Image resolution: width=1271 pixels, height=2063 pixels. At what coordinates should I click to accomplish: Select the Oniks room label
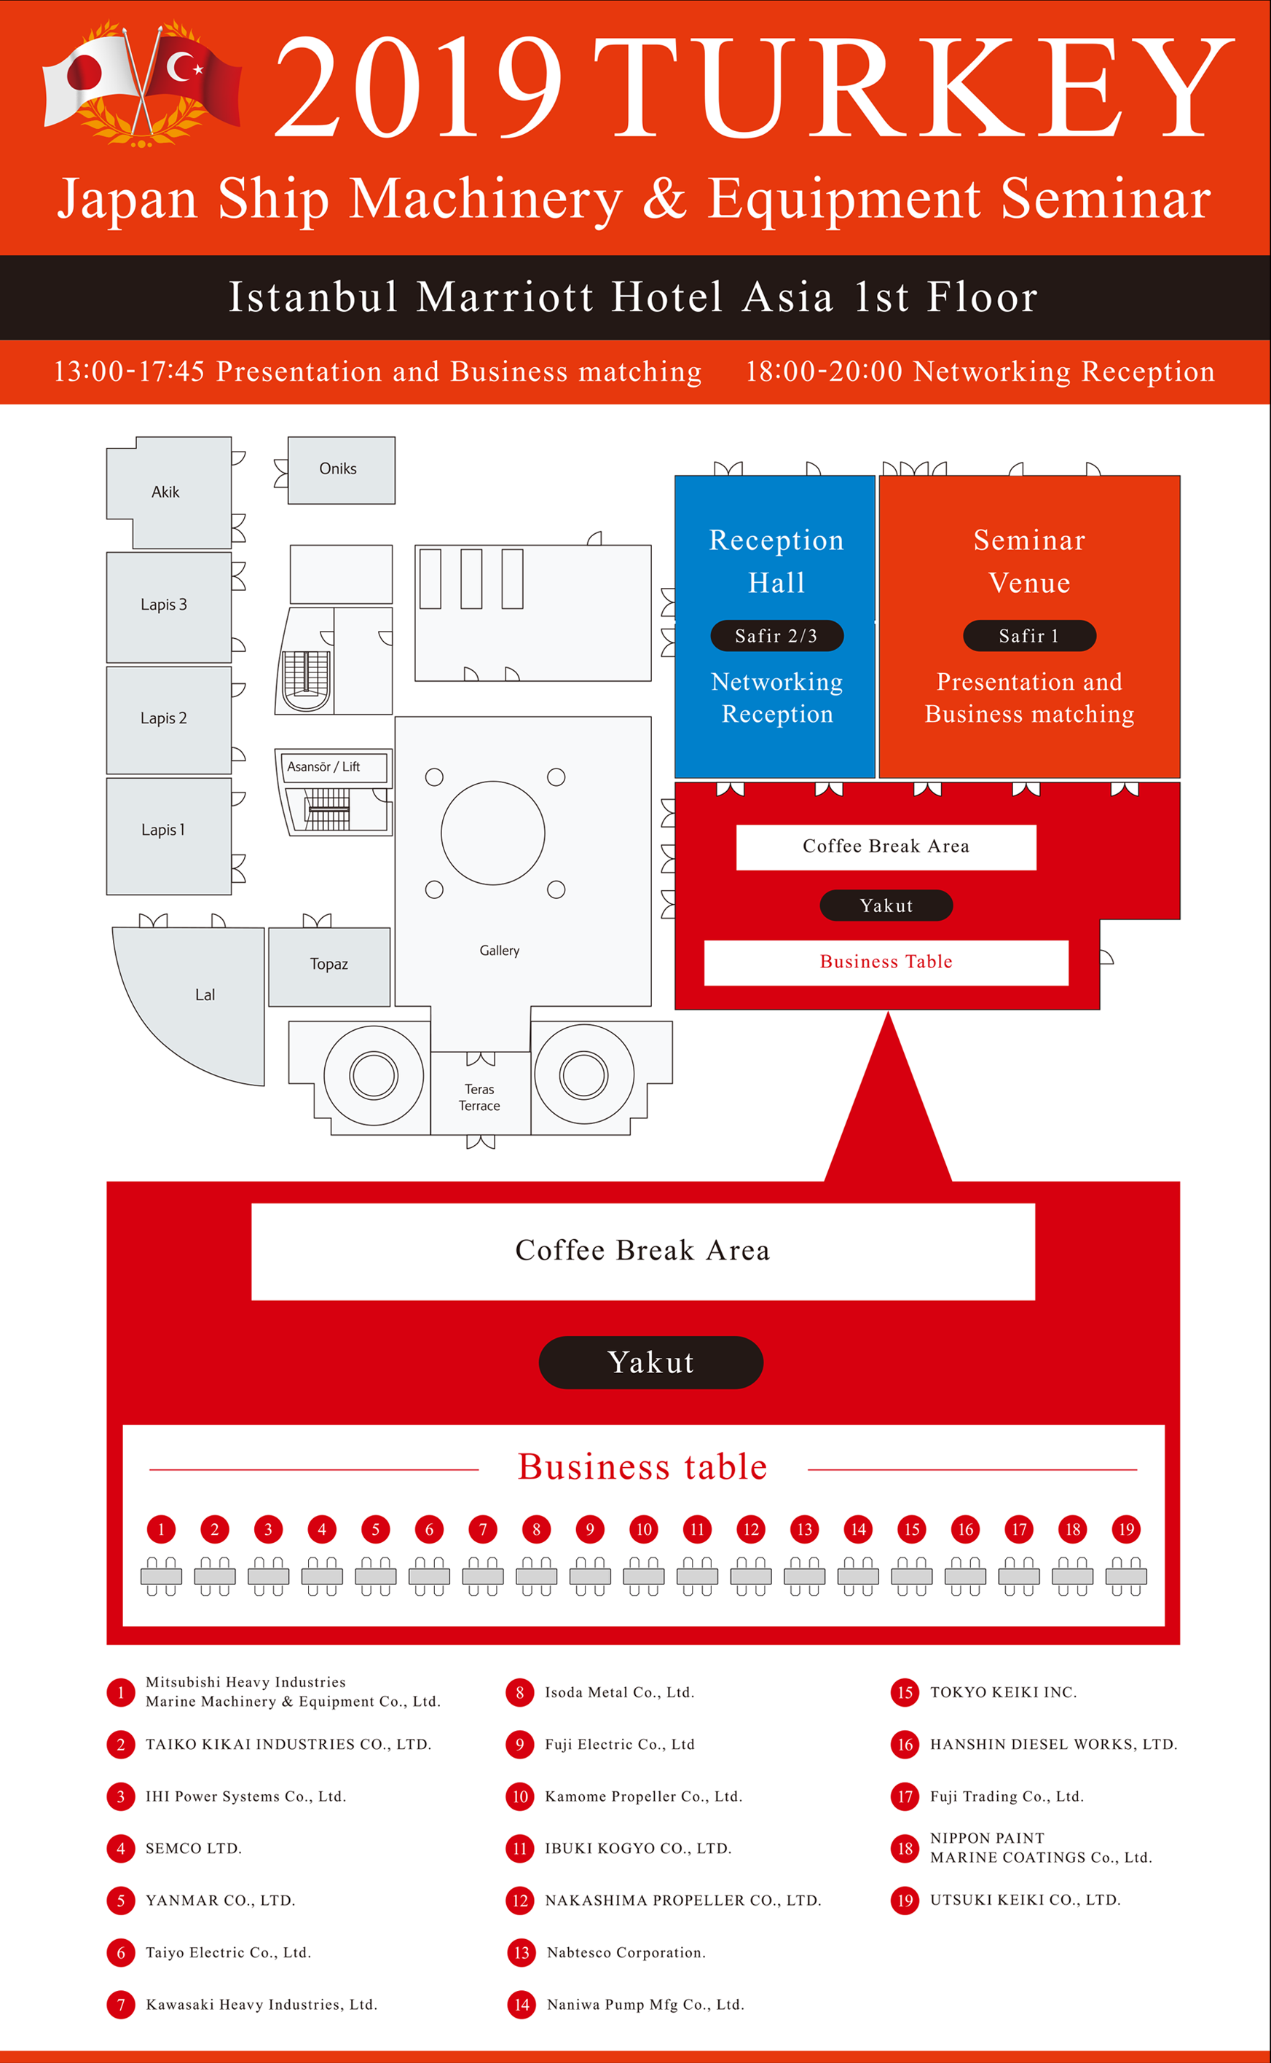pos(338,469)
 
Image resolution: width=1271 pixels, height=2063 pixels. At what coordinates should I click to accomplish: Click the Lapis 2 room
pos(165,719)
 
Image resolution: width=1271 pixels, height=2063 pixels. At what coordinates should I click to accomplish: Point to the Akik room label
pos(165,492)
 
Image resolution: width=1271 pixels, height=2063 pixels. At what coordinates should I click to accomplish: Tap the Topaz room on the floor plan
pos(328,965)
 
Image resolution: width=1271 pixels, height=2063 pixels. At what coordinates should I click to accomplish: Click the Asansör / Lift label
pos(323,766)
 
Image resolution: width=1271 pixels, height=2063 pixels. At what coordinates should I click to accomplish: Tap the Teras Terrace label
pos(479,1097)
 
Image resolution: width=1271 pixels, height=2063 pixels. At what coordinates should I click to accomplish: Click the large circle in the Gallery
pos(492,833)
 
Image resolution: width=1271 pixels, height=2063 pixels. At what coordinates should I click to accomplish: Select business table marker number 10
pos(644,1529)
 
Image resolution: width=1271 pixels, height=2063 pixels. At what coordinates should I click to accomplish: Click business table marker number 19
pos(1126,1529)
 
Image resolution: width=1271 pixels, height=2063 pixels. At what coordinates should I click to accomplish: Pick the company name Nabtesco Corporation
pos(626,1952)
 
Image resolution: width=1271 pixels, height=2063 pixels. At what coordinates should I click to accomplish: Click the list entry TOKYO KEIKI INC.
pos(1003,1692)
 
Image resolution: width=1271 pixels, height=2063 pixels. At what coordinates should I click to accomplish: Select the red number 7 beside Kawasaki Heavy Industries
pos(121,2004)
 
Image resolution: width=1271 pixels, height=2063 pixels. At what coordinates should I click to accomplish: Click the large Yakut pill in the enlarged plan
pos(650,1362)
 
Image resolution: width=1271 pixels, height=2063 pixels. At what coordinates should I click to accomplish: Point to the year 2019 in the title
pos(418,88)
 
